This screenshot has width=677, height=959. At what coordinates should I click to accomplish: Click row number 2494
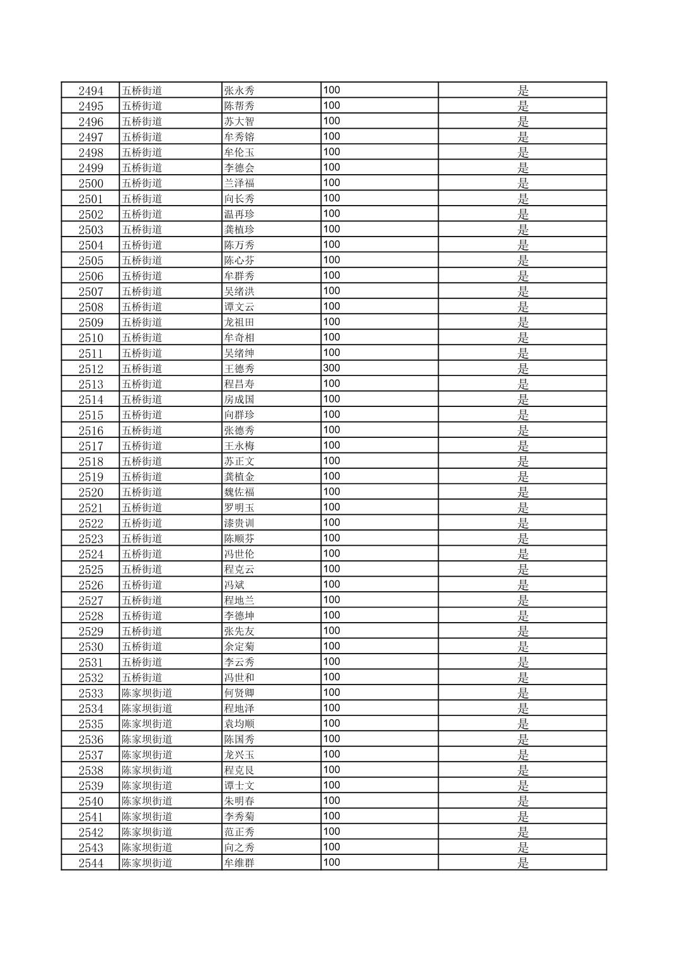click(91, 91)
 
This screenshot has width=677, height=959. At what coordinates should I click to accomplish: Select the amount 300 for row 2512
click(332, 368)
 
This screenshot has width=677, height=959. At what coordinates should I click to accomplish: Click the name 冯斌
click(234, 585)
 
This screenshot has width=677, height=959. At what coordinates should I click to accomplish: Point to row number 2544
click(91, 863)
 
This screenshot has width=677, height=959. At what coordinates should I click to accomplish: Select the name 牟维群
click(240, 863)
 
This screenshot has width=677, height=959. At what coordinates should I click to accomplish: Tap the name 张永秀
click(240, 91)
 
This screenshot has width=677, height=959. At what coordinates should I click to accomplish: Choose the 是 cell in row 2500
click(523, 184)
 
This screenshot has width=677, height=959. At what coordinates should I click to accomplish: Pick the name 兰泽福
click(240, 184)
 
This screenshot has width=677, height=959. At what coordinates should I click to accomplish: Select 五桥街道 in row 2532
click(142, 678)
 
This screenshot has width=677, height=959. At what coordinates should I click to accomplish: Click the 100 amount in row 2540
click(332, 801)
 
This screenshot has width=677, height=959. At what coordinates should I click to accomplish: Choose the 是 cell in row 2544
click(523, 863)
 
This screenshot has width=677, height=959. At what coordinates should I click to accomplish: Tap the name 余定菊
click(240, 647)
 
